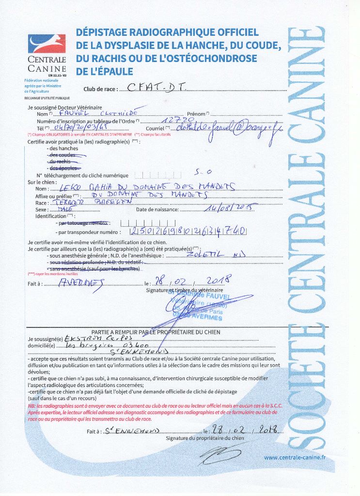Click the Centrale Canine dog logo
click(x=47, y=45)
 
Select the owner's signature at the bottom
click(x=218, y=453)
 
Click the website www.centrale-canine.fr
click(x=295, y=457)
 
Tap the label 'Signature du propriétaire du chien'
click(x=204, y=437)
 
